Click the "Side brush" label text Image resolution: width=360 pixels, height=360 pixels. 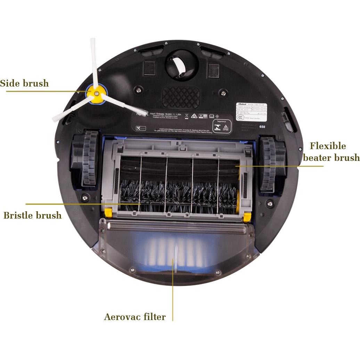[24, 83]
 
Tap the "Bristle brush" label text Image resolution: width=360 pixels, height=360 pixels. [32, 215]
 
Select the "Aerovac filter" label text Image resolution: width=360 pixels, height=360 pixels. [135, 317]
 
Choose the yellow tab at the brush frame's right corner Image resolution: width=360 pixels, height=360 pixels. [247, 217]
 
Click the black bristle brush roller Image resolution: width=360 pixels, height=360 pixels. [177, 196]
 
